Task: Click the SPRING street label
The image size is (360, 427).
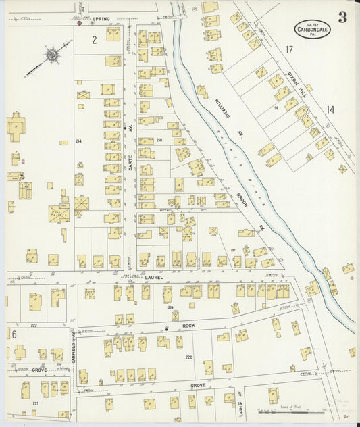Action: tap(101, 19)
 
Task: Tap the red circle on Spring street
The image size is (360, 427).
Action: tap(80, 23)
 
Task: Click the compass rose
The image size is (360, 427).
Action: tap(51, 55)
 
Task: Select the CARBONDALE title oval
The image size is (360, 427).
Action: tap(312, 29)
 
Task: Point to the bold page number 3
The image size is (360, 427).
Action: tap(342, 18)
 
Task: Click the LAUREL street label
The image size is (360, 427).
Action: tap(155, 277)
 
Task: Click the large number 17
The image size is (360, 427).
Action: tap(288, 50)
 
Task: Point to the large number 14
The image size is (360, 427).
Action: tap(330, 109)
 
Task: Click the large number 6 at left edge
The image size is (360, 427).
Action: tap(14, 334)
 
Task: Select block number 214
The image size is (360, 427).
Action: tap(78, 141)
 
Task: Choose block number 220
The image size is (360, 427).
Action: tap(188, 357)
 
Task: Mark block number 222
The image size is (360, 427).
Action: tap(33, 325)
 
